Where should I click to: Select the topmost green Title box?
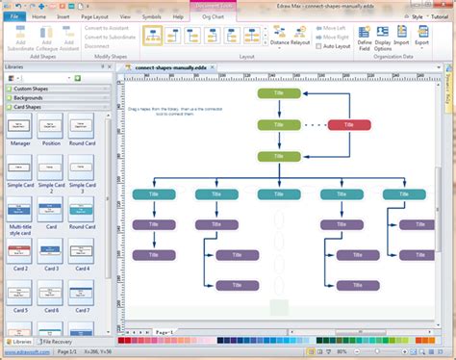[278, 93]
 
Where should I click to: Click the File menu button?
[13, 16]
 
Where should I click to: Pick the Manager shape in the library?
[20, 126]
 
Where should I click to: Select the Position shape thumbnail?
[51, 126]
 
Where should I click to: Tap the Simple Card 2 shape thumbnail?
[51, 167]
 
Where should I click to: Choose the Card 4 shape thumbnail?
[83, 253]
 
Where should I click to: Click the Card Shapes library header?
[33, 107]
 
